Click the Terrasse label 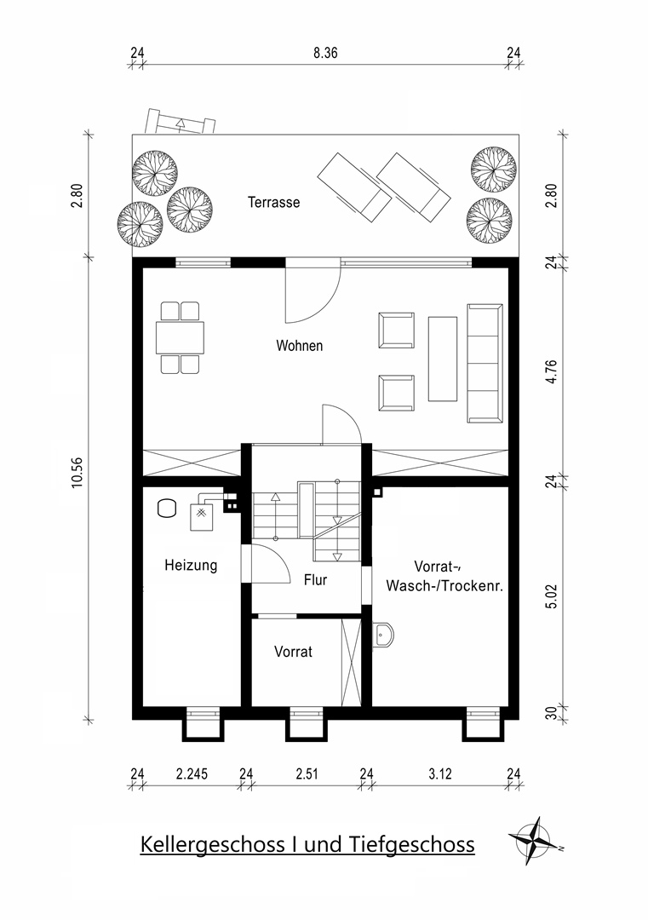[x=273, y=203]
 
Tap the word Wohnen [x=299, y=346]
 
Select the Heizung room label [x=191, y=564]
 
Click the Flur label [x=315, y=580]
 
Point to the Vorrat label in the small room [x=293, y=652]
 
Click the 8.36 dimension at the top [x=325, y=52]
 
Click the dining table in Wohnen [x=180, y=338]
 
